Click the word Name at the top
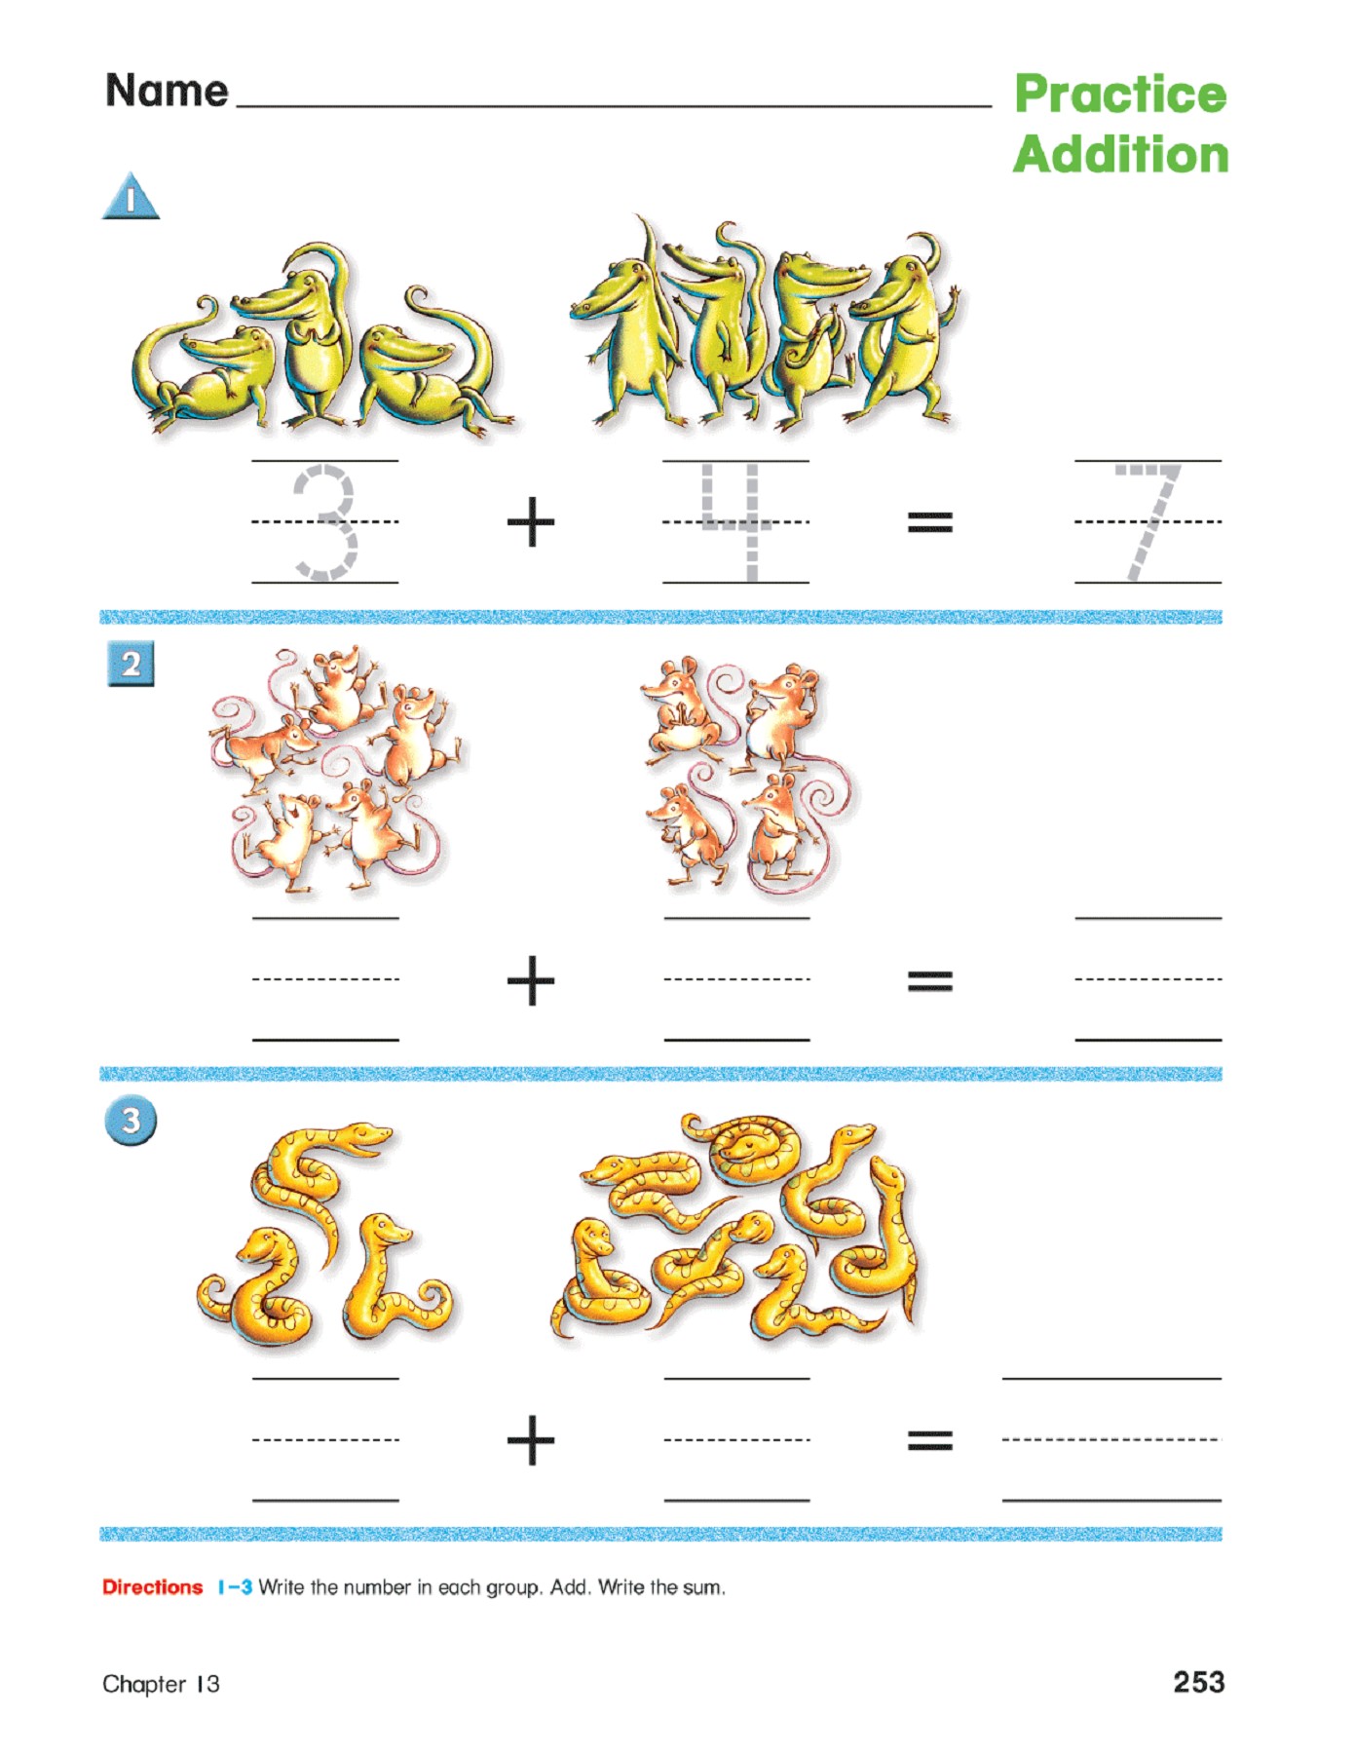point(167,91)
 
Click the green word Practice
point(1119,95)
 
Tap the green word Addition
point(1120,155)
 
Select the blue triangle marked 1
point(131,198)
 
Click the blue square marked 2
point(131,666)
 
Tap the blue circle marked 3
point(131,1121)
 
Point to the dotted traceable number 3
point(326,523)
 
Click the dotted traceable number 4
point(736,521)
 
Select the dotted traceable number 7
point(1149,521)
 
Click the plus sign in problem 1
point(531,523)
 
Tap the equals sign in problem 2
point(929,980)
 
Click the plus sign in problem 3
point(531,1440)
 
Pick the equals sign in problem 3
point(929,1440)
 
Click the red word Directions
point(152,1587)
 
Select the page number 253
point(1198,1683)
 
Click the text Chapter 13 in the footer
point(161,1684)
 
